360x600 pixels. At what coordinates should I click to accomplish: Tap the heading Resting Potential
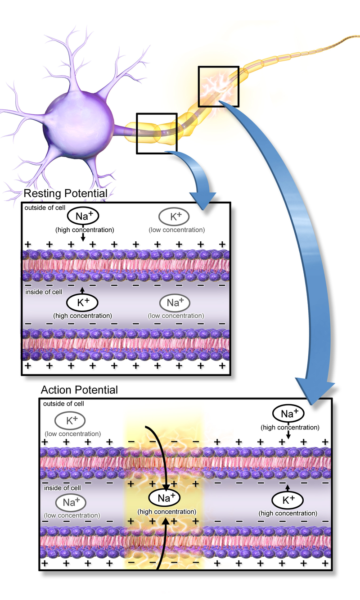65,194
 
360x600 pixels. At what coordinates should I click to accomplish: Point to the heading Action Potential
79,390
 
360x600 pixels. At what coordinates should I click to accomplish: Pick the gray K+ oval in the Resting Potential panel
174,217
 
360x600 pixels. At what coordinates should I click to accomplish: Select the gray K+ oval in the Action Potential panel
70,421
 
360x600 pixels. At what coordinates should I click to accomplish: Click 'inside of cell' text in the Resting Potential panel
44,292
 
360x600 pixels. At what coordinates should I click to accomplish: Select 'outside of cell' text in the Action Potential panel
63,404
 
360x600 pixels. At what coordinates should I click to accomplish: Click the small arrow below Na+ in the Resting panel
83,236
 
